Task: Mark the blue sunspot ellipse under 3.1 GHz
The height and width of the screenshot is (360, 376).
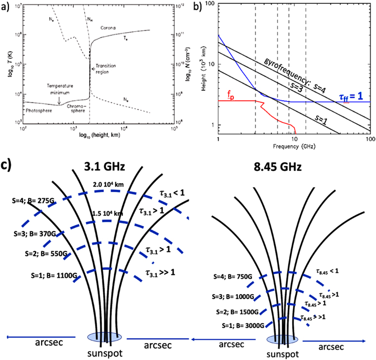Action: coord(105,337)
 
